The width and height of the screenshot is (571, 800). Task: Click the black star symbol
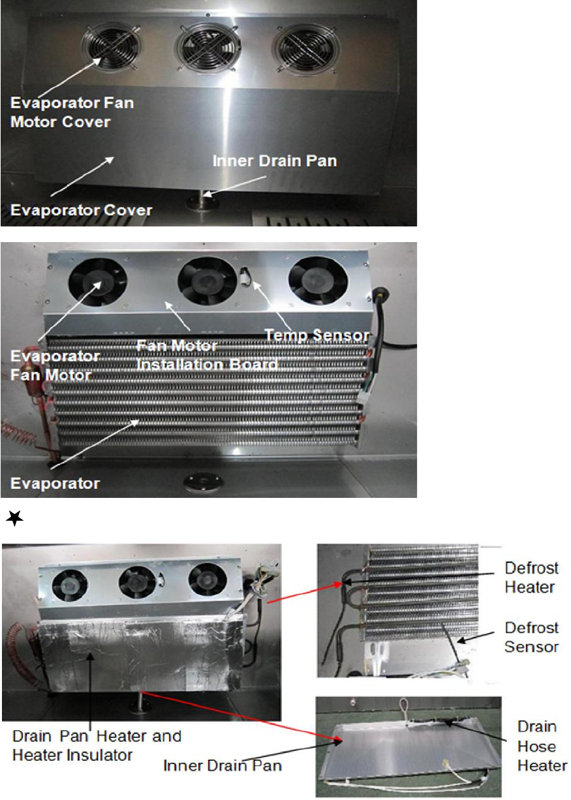14,518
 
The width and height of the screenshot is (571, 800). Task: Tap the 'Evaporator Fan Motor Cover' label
72,112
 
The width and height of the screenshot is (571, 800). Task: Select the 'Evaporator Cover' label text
82,210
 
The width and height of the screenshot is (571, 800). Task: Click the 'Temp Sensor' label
317,335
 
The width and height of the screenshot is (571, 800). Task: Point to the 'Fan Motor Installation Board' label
207,355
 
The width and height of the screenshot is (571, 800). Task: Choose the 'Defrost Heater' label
531,577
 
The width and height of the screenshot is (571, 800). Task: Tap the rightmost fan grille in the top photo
306,49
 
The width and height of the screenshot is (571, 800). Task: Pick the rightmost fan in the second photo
318,281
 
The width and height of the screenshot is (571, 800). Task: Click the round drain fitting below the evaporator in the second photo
204,482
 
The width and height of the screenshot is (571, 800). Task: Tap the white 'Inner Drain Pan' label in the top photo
275,161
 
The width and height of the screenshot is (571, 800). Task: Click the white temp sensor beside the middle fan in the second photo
244,277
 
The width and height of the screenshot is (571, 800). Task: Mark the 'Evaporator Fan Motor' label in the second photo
55,365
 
